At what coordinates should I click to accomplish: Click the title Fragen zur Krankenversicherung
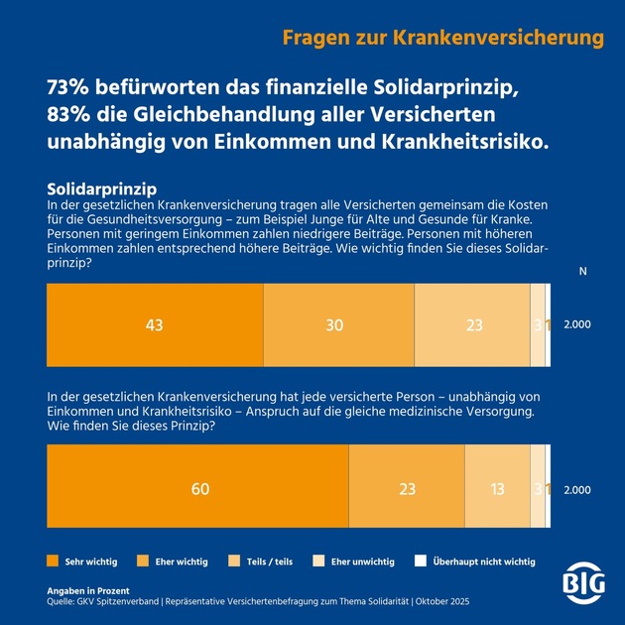coord(442,38)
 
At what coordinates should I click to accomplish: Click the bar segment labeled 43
coord(155,325)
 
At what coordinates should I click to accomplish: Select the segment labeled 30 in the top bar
coord(338,325)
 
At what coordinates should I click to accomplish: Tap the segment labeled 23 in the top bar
coord(472,325)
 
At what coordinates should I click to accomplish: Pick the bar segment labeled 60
coord(198,489)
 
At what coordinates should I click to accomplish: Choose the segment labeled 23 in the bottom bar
coord(407,489)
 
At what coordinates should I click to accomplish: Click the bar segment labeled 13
coord(497,489)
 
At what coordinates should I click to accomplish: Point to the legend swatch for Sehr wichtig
coord(54,562)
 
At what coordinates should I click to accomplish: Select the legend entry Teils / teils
coord(269,562)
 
